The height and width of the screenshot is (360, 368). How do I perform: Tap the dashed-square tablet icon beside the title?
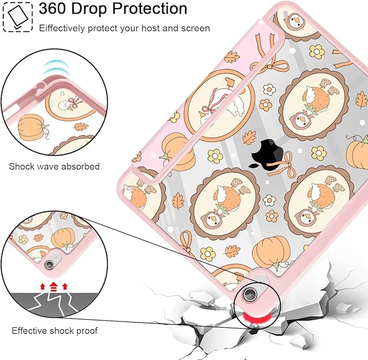(x=18, y=17)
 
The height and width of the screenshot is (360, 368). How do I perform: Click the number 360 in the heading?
(x=53, y=9)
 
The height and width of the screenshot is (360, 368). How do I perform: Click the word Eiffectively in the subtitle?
(x=62, y=28)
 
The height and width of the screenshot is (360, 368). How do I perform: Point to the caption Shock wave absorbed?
(x=54, y=166)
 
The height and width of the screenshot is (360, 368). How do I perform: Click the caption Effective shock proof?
(x=55, y=331)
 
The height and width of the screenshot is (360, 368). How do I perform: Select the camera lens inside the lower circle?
(x=49, y=265)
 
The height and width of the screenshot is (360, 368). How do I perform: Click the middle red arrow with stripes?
(x=54, y=287)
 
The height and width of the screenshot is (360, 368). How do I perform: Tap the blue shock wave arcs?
(x=56, y=68)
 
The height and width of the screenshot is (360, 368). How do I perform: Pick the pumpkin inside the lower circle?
(x=63, y=238)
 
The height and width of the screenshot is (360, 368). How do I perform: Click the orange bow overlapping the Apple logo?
(x=282, y=165)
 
